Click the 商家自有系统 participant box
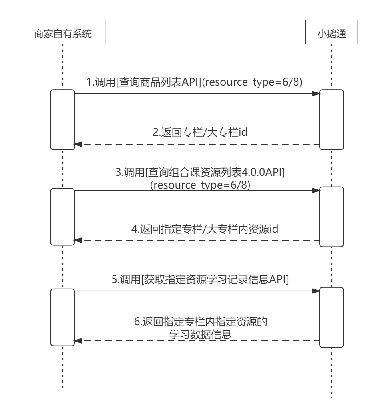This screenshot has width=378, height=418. (62, 34)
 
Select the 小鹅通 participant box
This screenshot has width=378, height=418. (332, 34)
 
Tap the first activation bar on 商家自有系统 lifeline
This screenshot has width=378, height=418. (62, 119)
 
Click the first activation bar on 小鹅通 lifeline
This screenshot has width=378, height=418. (332, 119)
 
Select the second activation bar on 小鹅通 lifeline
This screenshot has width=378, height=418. (332, 216)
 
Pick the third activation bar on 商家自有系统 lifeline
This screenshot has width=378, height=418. (62, 317)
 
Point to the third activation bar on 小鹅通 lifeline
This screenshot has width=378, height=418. (332, 317)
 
